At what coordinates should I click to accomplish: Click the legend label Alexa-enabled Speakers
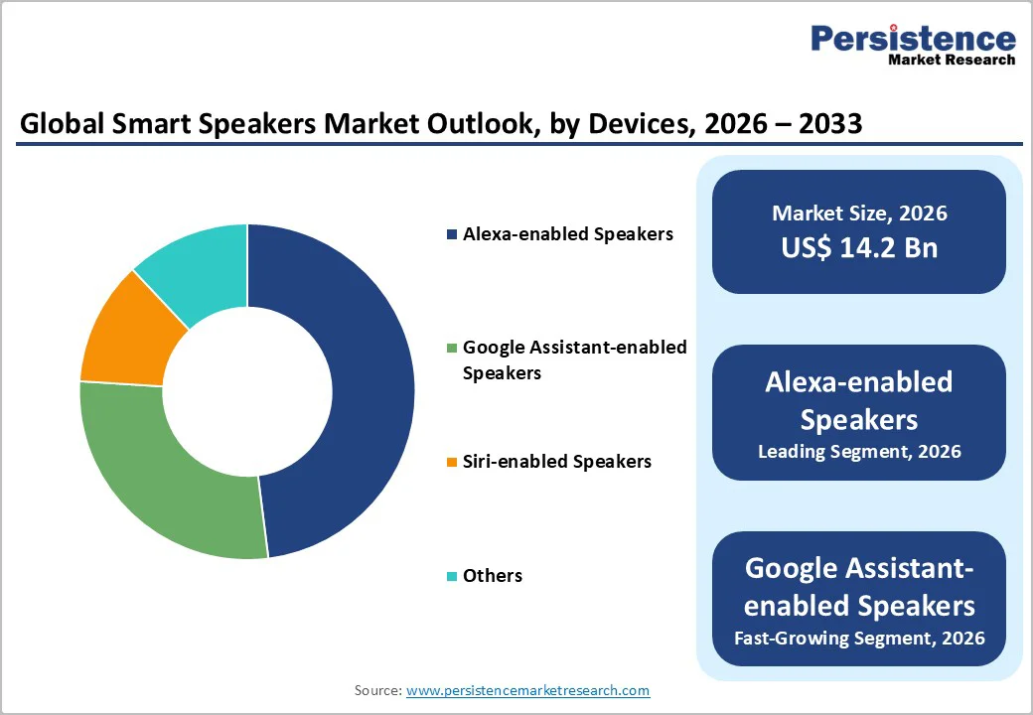pyautogui.click(x=568, y=234)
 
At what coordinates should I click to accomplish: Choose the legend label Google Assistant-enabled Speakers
pyautogui.click(x=574, y=360)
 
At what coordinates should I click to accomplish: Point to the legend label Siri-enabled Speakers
pyautogui.click(x=557, y=462)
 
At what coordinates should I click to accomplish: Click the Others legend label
pyautogui.click(x=493, y=576)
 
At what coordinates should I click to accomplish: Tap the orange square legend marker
pyautogui.click(x=453, y=463)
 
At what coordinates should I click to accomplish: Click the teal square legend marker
pyautogui.click(x=453, y=577)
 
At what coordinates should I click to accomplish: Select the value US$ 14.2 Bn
pyautogui.click(x=859, y=247)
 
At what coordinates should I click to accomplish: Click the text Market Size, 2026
pyautogui.click(x=859, y=214)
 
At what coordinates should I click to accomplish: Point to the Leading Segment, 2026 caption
pyautogui.click(x=859, y=452)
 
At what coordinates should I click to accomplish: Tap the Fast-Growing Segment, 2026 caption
pyautogui.click(x=859, y=638)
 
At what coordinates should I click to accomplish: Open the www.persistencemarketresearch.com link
pyautogui.click(x=528, y=690)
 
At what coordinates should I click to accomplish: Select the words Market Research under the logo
pyautogui.click(x=952, y=60)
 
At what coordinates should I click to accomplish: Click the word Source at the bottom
pyautogui.click(x=377, y=690)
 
